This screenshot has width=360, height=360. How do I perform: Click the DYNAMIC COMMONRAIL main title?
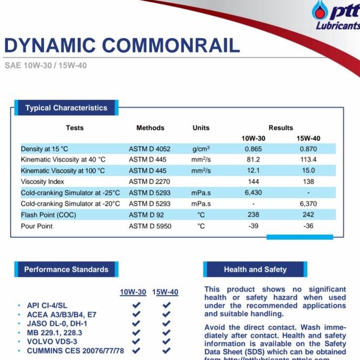tap(122, 46)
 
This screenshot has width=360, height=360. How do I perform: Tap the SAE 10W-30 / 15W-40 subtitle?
tap(45, 67)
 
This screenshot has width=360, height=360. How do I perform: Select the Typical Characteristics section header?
tap(66, 108)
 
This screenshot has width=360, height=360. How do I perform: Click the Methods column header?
tap(150, 128)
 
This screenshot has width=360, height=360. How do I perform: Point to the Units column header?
tap(201, 128)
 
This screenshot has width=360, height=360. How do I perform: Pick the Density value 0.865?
tap(253, 149)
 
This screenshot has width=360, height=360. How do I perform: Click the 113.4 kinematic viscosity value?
tap(308, 160)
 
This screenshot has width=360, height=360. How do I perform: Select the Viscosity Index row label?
tap(43, 182)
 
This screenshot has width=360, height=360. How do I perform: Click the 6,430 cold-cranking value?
tap(253, 193)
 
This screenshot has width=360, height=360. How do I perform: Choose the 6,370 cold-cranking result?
tap(308, 204)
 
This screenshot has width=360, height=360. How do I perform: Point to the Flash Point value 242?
tap(308, 215)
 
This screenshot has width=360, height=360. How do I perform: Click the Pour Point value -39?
tap(253, 226)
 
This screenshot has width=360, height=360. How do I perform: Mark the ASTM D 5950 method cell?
tap(150, 226)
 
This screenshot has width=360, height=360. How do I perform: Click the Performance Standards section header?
tap(66, 270)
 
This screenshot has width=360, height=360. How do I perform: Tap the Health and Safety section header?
tap(255, 270)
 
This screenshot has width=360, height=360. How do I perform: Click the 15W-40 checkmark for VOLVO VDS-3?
tap(167, 341)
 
